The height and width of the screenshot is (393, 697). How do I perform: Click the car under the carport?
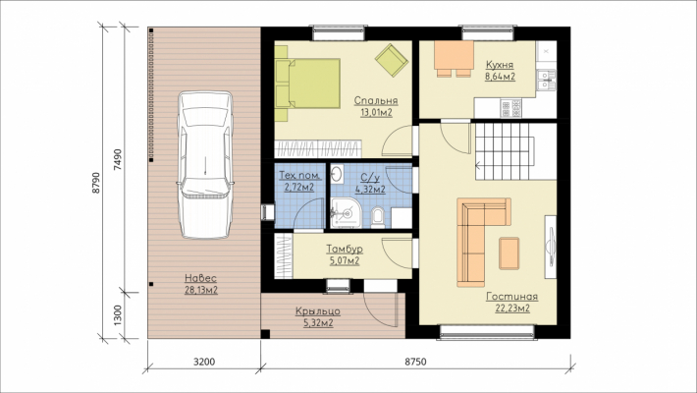205,165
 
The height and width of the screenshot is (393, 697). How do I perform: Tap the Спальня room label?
376,101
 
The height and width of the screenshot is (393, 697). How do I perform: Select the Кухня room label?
500,65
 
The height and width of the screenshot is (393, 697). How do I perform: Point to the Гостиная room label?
512,297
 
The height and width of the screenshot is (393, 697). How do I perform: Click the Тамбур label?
345,249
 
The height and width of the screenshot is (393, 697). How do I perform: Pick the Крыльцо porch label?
318,311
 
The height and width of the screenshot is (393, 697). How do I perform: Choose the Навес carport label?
201,279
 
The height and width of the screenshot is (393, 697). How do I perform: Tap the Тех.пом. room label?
299,175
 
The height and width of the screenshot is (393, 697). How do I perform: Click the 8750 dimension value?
415,362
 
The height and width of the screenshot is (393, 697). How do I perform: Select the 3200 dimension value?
204,362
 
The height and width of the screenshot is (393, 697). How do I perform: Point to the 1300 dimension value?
118,315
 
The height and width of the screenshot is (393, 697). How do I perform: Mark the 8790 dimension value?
97,183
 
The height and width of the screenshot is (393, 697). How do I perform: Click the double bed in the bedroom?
307,84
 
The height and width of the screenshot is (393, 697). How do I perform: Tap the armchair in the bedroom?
391,59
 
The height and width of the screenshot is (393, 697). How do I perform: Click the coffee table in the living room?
509,253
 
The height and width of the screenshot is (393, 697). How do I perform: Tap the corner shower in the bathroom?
345,214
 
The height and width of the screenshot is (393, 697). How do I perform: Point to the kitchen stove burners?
510,108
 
